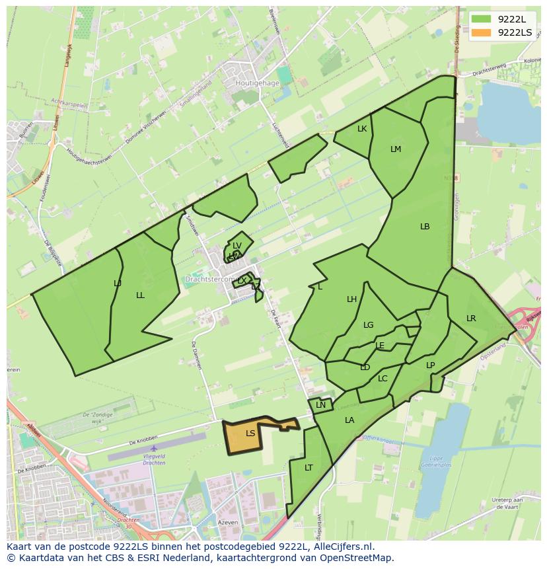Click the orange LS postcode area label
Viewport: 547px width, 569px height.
tap(250, 434)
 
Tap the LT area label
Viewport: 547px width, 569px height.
tap(309, 468)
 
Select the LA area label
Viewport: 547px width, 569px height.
tap(349, 420)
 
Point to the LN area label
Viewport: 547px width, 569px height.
tap(321, 405)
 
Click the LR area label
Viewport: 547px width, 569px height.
tap(471, 319)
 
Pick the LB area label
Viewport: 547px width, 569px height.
tap(425, 227)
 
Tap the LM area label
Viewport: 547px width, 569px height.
tap(396, 149)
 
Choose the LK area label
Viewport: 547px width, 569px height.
tap(362, 129)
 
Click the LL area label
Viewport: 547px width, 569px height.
tap(140, 295)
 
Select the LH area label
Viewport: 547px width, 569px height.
tap(352, 299)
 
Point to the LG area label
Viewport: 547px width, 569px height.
tap(369, 325)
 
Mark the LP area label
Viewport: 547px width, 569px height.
tap(431, 365)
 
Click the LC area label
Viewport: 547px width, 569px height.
tap(383, 379)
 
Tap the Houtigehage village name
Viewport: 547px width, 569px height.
tap(257, 84)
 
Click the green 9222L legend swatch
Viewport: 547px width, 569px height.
tap(482, 19)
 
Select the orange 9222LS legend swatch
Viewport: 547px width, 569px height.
tap(482, 32)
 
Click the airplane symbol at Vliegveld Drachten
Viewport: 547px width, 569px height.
tap(154, 449)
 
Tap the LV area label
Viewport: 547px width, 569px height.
tap(237, 246)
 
